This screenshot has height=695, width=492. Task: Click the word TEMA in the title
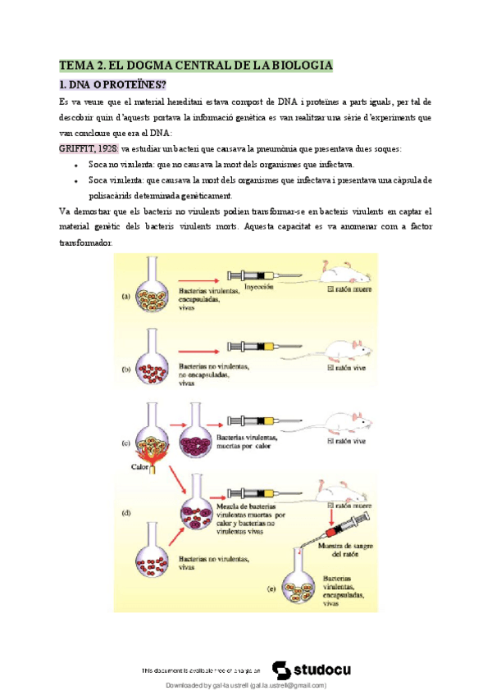point(77,64)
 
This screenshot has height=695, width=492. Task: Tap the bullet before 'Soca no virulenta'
point(76,165)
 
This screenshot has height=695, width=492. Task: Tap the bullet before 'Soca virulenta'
point(76,180)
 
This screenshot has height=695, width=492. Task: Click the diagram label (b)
point(126,370)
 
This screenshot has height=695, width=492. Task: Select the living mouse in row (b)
point(348,347)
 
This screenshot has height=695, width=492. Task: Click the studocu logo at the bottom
point(312,670)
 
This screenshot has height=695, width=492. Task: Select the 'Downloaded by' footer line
point(246,685)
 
